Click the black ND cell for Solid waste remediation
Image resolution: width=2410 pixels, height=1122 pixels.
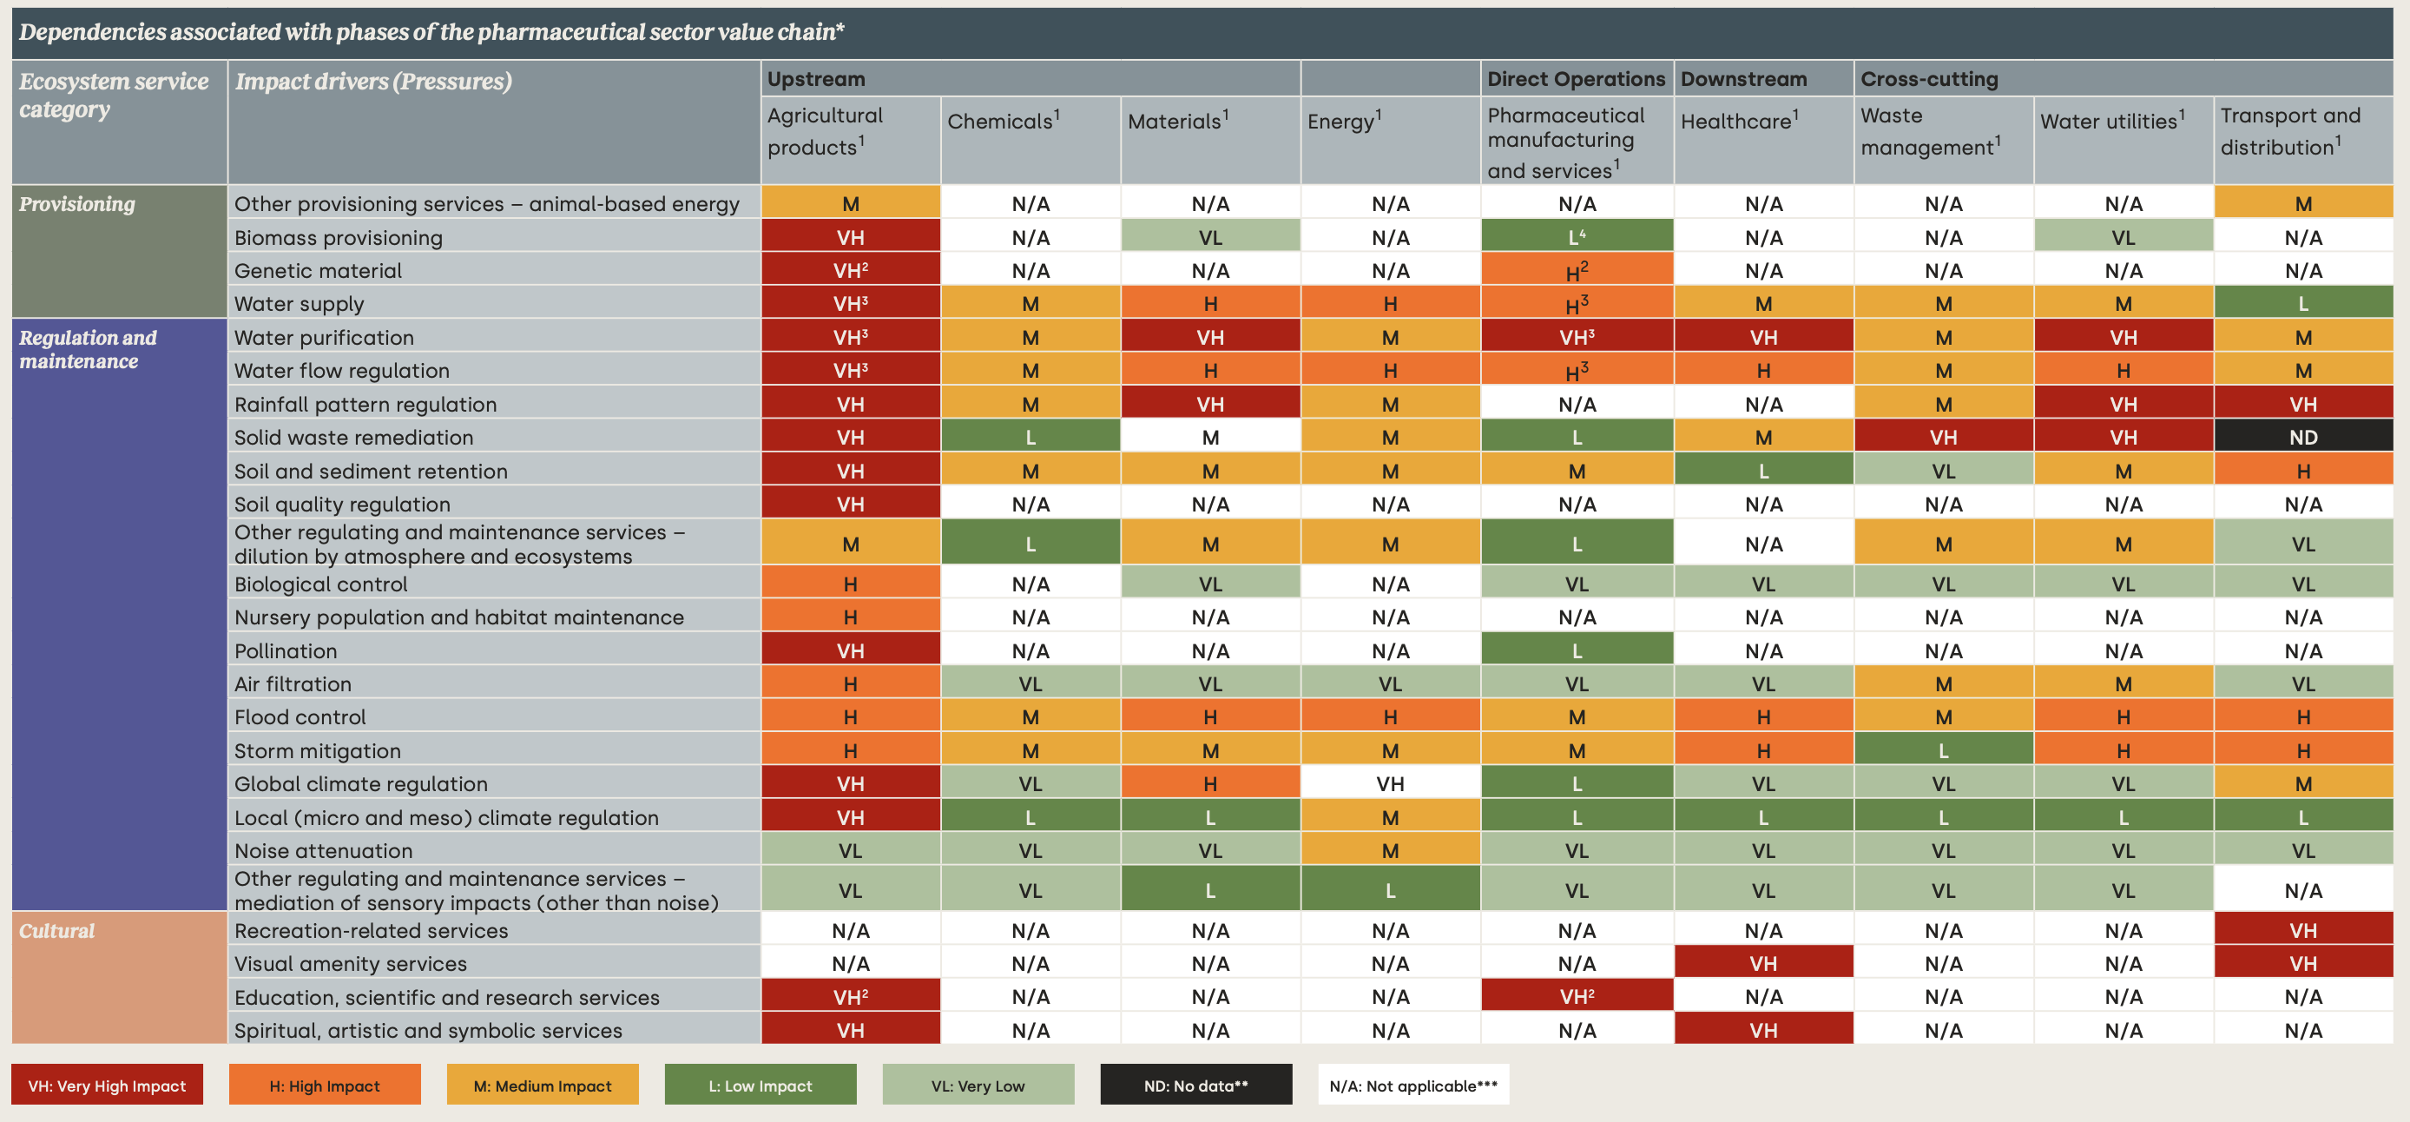coord(2302,437)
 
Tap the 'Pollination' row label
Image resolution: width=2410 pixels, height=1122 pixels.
coord(286,650)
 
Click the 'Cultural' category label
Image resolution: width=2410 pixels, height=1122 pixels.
coord(57,930)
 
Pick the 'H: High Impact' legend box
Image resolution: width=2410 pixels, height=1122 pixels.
coord(324,1086)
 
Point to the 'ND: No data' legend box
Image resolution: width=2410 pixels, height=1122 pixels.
coord(1195,1086)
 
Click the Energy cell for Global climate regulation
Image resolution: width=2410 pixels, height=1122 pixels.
coord(1389,783)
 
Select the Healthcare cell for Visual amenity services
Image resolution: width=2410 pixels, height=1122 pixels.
coord(1762,963)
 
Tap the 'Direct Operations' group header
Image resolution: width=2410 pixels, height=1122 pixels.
coord(1576,80)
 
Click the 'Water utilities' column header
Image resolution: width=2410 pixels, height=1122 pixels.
coord(2111,122)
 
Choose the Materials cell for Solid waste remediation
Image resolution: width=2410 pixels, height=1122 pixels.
coord(1209,437)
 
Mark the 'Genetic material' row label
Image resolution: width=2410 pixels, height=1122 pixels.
coord(318,270)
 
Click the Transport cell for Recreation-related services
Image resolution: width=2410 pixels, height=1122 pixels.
coord(2302,930)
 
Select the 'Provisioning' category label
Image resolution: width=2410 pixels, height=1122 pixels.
coord(76,204)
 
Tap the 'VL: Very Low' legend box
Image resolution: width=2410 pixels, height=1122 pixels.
coord(978,1086)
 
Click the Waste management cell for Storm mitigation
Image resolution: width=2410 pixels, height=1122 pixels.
coord(1943,750)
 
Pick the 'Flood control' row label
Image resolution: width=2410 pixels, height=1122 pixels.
coord(300,716)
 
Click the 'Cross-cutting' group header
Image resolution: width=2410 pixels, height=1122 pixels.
coord(1928,80)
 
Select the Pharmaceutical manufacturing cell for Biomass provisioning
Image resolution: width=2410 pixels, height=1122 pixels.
coord(1576,238)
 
